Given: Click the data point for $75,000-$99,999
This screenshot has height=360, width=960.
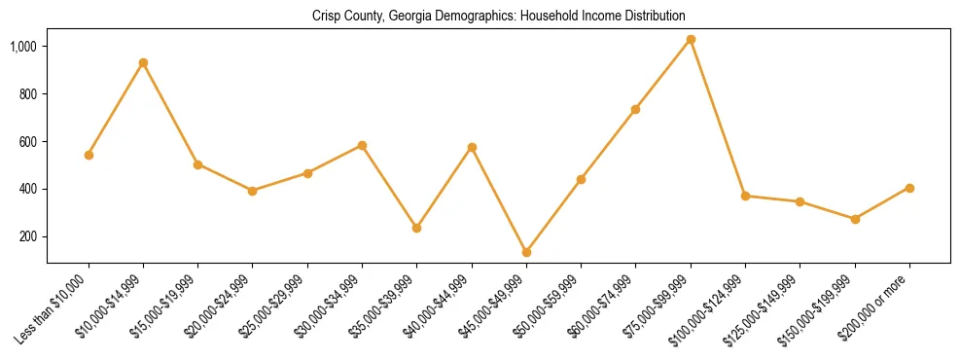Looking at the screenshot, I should click(691, 40).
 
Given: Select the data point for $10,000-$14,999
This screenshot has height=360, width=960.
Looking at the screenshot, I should click(143, 62).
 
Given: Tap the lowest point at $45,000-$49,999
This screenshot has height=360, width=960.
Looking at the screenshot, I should click(526, 252).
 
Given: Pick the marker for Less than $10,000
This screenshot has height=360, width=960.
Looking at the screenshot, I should click(89, 155).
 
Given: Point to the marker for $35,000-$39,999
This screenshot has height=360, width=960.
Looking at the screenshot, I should click(417, 228).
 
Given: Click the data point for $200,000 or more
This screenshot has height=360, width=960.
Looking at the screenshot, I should click(909, 188).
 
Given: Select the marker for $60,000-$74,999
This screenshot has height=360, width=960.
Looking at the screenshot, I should click(636, 109).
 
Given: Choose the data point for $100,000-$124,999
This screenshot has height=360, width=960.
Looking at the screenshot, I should click(745, 196).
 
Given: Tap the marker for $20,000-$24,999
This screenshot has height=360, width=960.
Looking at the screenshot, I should click(253, 191).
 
